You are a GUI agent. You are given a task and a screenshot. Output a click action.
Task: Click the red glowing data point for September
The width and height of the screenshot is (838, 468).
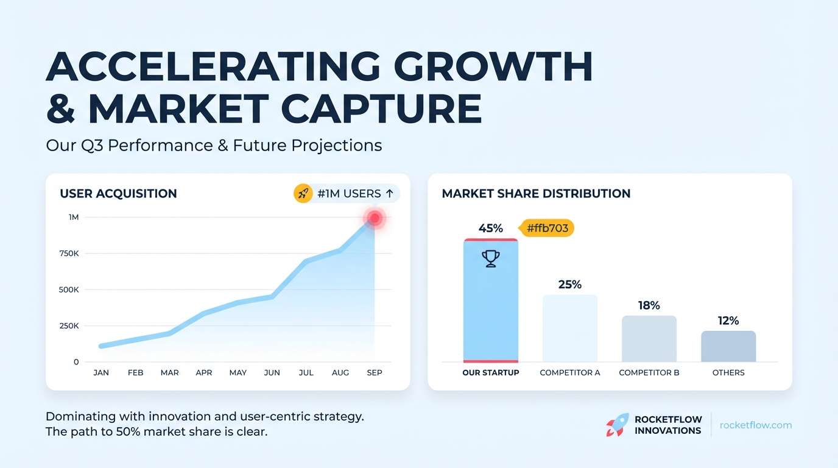(x=375, y=218)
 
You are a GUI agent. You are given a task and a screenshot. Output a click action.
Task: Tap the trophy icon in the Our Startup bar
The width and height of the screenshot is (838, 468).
(x=491, y=259)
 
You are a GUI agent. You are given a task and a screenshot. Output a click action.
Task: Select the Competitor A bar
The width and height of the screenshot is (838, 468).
(x=570, y=328)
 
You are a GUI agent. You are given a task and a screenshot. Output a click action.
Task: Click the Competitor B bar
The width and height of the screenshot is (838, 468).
(x=649, y=339)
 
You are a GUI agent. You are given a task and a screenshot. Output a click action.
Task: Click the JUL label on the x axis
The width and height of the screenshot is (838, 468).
(x=306, y=372)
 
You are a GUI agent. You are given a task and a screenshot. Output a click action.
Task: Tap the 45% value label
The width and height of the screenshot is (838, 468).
(x=491, y=229)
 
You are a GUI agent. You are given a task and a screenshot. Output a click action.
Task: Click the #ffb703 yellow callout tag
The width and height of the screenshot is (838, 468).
(x=546, y=229)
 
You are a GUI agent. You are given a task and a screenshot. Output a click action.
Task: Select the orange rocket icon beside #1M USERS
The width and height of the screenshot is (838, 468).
(x=303, y=194)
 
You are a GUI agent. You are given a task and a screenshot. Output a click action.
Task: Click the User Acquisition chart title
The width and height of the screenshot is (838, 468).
(x=118, y=194)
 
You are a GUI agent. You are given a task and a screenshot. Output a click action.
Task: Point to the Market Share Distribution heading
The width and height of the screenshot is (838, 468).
(x=536, y=194)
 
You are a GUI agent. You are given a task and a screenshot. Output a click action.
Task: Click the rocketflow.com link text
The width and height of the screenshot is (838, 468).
(x=756, y=425)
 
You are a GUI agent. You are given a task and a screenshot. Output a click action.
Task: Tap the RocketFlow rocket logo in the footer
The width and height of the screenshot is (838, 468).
(x=617, y=425)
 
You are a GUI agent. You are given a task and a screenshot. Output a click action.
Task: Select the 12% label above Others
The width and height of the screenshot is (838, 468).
(x=728, y=321)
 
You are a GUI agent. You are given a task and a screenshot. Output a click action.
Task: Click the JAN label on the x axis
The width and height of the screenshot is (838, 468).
(x=101, y=372)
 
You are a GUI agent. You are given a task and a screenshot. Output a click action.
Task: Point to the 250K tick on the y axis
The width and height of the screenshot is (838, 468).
(x=69, y=326)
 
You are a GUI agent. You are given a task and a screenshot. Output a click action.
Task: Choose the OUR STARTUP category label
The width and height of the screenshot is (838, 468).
(x=491, y=372)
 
